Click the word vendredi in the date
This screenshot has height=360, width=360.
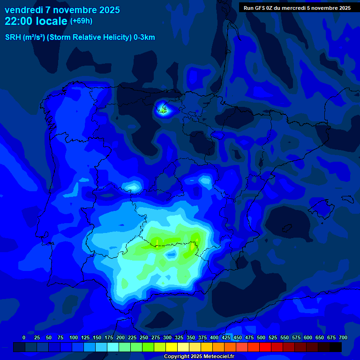point(24,10)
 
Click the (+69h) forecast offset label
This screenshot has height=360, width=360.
point(81,21)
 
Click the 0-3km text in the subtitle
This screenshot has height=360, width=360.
point(144,37)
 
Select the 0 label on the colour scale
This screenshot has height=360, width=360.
point(24,337)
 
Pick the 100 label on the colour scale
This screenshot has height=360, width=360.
point(74,337)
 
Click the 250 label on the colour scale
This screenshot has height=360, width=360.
point(144,337)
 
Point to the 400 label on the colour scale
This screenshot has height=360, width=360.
point(214,337)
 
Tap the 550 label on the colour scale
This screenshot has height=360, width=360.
point(285,337)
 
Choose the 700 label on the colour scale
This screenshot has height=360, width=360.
point(343,337)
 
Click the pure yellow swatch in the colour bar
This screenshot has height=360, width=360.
point(172,347)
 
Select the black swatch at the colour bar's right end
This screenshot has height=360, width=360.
point(336,347)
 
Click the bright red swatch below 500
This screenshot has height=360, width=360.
point(265,347)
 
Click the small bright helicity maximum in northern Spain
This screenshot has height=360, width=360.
point(163,110)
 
